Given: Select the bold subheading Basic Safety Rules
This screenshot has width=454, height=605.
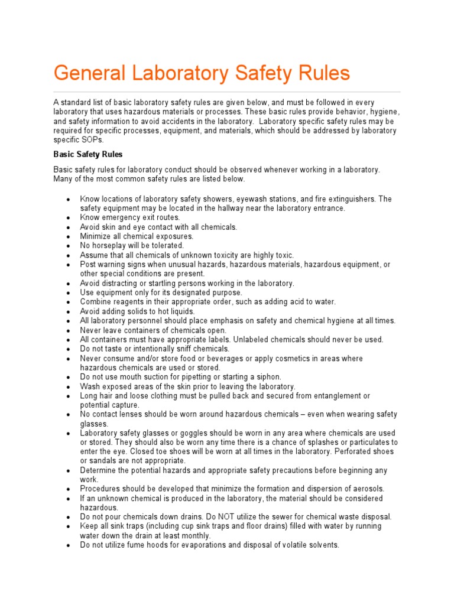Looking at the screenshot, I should pos(88,154).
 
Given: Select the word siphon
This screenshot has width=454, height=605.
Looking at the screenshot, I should pos(267,377).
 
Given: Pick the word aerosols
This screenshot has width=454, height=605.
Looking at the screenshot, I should pos(367,489).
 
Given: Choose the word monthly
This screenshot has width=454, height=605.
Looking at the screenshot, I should pos(195,536).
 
